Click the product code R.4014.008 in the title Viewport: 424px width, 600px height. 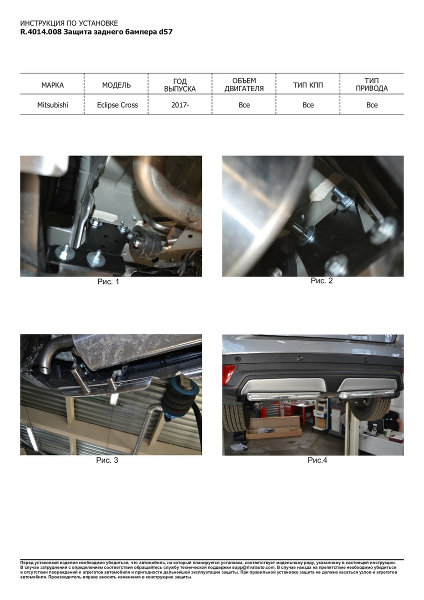coord(41,32)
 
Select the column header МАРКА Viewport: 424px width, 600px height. coord(52,85)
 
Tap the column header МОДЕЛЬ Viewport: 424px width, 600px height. coord(116,85)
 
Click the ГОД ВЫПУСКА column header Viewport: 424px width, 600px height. coord(180,85)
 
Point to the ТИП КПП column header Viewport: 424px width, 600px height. coord(308,85)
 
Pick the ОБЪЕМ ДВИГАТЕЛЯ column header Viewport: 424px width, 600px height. coord(244,84)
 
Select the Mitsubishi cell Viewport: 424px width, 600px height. coord(53,105)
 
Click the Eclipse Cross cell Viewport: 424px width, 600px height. coord(117,105)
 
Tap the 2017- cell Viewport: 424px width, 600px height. coord(180,105)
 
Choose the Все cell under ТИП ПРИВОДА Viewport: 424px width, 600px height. coord(372,105)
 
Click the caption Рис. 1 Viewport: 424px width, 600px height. coord(108,282)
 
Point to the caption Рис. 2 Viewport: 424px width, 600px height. coord(321,280)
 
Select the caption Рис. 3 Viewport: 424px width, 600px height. coord(107,460)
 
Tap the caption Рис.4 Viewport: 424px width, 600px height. coord(317,460)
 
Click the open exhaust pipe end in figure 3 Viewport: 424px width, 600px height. coord(44,370)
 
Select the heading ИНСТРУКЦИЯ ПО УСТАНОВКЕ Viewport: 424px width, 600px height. coord(69,23)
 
